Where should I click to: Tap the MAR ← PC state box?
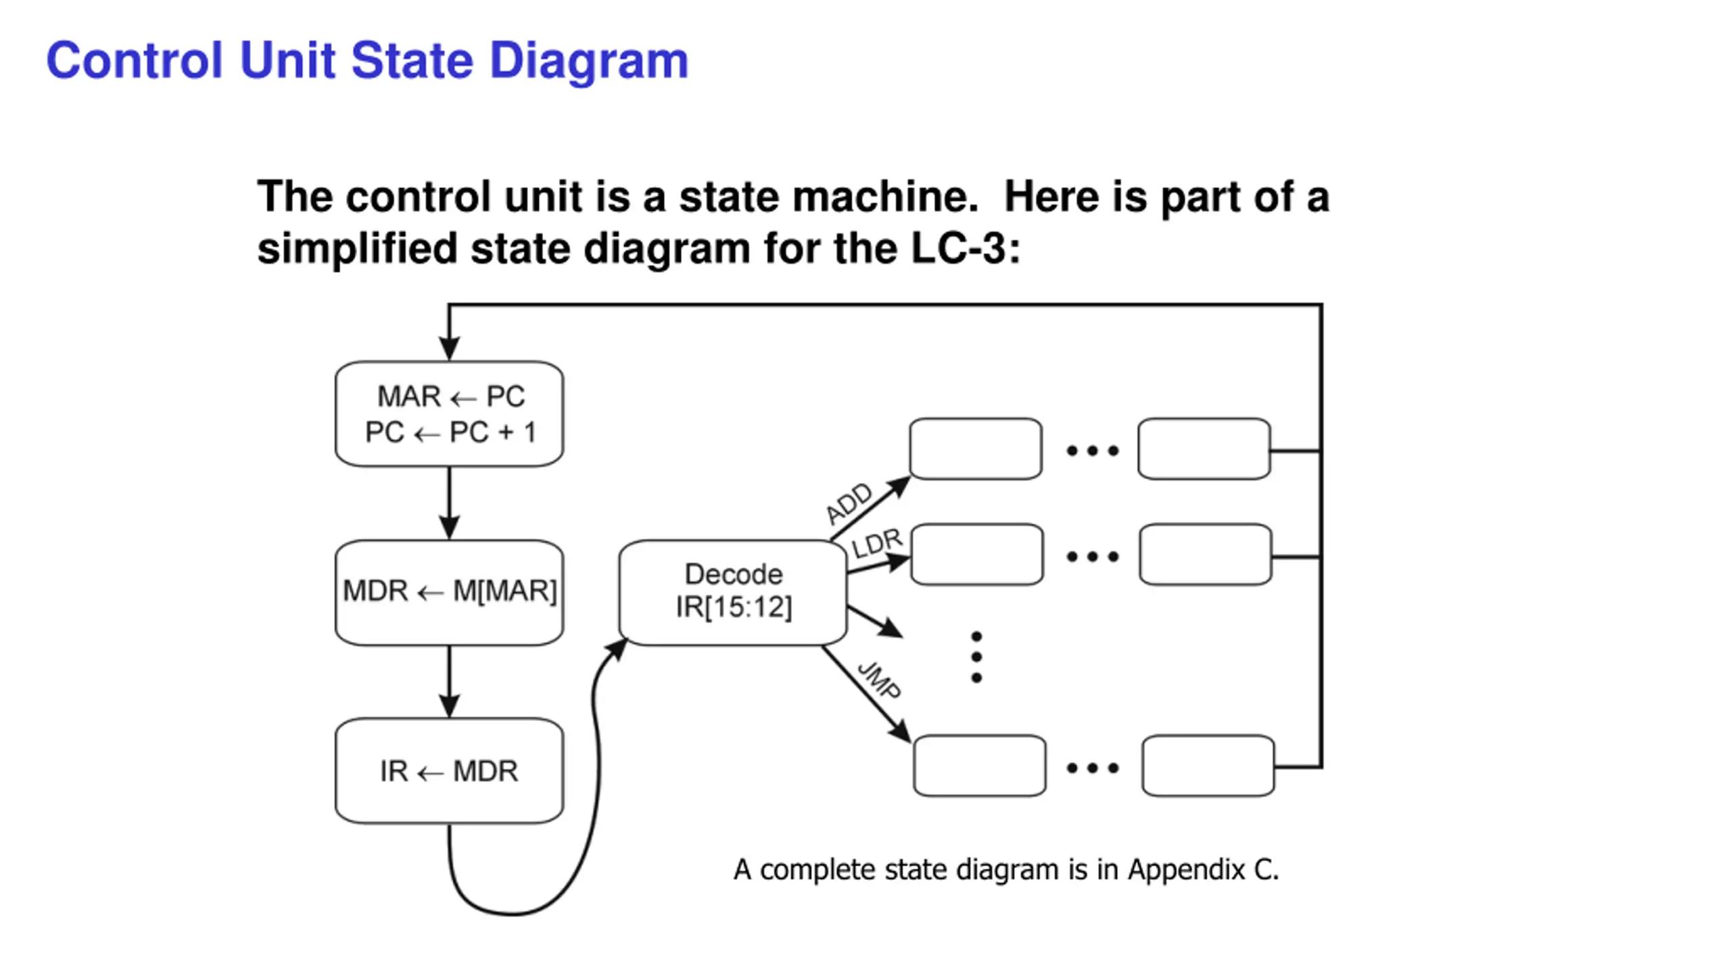[449, 414]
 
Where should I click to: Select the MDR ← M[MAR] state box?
[449, 593]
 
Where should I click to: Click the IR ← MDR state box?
[449, 771]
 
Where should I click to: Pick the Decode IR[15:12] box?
[733, 593]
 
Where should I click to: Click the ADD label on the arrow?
[849, 503]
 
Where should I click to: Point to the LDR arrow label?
[877, 543]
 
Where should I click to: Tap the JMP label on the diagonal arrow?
[879, 680]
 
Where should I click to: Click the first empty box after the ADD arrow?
[976, 449]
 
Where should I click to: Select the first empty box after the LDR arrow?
[977, 555]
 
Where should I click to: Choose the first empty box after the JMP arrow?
[980, 766]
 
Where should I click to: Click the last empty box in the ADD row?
[1204, 449]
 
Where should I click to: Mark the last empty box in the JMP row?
[1208, 766]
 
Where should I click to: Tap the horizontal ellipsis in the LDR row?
[1093, 557]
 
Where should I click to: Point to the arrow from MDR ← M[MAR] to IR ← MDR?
[450, 682]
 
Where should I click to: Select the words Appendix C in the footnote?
[1203, 870]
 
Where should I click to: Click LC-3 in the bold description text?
[966, 248]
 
